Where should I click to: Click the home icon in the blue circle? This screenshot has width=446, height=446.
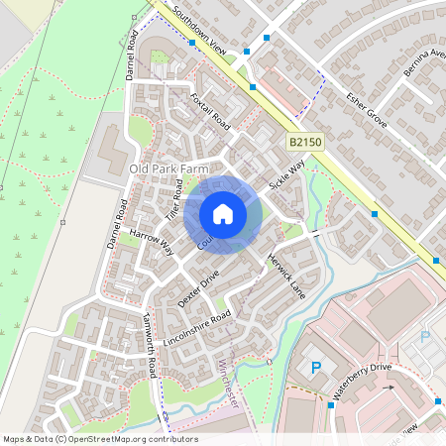223,214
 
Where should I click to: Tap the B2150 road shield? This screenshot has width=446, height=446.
305,144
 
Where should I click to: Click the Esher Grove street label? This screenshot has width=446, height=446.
365,109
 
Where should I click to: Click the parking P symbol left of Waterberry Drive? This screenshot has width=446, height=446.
317,368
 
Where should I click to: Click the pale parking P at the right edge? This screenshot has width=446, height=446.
426,336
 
